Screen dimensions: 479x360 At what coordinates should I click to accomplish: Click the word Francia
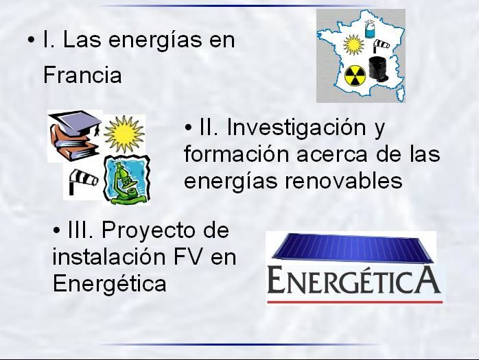(x=82, y=75)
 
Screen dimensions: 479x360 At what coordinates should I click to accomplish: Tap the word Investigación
(x=296, y=128)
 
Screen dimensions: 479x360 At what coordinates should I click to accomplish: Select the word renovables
(x=344, y=180)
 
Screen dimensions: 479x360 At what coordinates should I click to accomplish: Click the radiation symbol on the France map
(x=355, y=76)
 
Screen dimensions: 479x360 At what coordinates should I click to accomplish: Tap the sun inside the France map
(x=353, y=45)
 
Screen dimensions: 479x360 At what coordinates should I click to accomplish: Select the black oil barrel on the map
(x=379, y=69)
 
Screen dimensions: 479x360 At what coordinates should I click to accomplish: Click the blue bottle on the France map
(x=371, y=29)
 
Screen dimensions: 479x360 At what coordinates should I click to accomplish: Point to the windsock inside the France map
(x=381, y=45)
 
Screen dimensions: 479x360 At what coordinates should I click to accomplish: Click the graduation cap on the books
(x=75, y=122)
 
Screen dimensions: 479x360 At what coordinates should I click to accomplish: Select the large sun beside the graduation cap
(x=124, y=134)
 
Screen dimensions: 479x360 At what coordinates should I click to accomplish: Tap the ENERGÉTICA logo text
(x=353, y=279)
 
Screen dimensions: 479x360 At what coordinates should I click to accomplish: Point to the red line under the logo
(x=355, y=302)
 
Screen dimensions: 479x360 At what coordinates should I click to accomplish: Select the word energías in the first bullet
(x=155, y=41)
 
